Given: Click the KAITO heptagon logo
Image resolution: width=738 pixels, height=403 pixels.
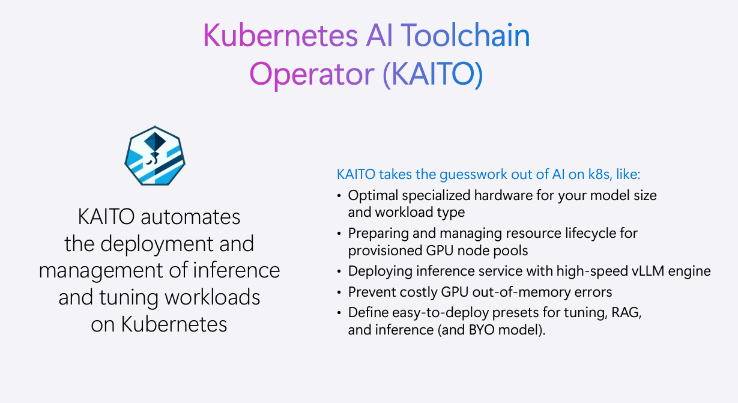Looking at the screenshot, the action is click(155, 156).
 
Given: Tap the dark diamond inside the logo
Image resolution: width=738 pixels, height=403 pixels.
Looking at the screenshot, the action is click(155, 141).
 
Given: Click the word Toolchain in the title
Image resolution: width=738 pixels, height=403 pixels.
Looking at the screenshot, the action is click(465, 35).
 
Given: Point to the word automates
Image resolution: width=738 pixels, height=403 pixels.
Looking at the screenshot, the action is click(190, 217).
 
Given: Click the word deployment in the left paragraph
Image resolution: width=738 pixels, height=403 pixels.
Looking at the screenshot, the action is click(157, 244).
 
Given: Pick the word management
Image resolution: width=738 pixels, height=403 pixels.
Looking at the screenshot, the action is click(100, 271).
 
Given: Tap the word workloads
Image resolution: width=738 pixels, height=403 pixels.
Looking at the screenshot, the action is click(212, 297).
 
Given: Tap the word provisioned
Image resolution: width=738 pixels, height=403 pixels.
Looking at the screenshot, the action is click(385, 251).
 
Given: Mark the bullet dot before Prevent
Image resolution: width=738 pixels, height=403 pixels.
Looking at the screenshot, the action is click(339, 292).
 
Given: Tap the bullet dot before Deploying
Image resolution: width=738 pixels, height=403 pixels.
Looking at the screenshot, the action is click(339, 271).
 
